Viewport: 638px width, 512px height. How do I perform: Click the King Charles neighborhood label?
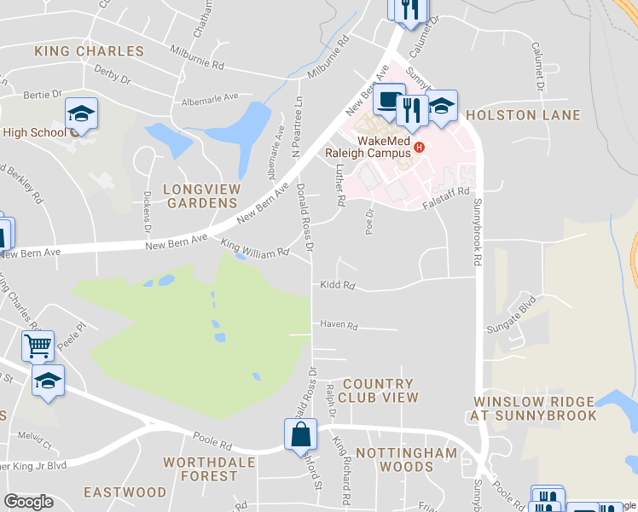tap(90, 51)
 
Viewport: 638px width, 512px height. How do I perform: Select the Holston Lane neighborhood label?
tap(524, 115)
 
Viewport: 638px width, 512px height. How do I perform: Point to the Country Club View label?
tap(378, 391)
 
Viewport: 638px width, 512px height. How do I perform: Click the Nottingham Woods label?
tap(394, 459)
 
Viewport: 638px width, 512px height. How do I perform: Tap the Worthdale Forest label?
tap(201, 468)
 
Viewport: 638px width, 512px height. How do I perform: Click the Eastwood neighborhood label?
tap(125, 492)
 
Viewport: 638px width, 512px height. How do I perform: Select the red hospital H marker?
tap(419, 148)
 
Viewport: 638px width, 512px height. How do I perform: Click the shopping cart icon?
tap(38, 346)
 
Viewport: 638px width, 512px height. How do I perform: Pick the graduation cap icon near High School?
tap(82, 113)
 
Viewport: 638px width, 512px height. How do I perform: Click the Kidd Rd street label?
tap(337, 286)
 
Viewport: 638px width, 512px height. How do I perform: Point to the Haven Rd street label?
tap(339, 325)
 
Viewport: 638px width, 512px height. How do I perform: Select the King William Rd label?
tap(256, 247)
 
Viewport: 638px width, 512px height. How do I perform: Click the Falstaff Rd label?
tap(453, 192)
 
